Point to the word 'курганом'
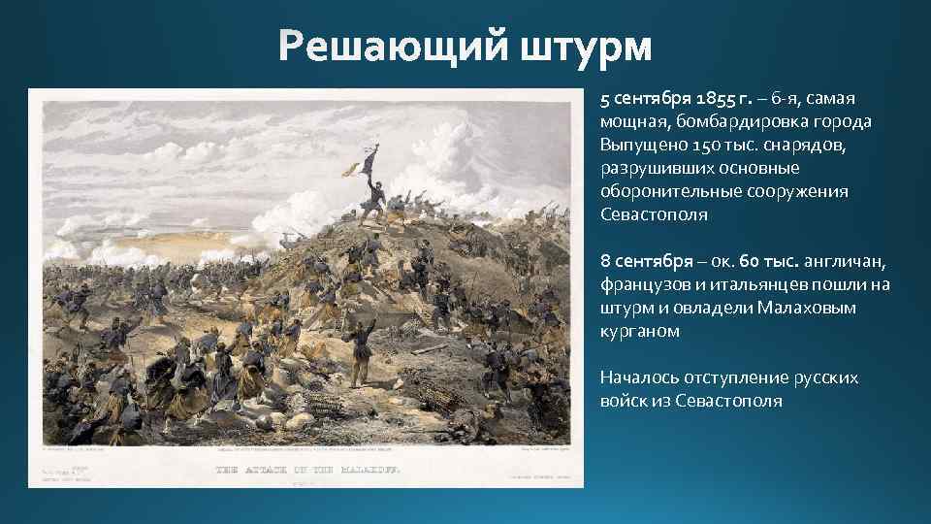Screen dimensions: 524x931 pos(640,332)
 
